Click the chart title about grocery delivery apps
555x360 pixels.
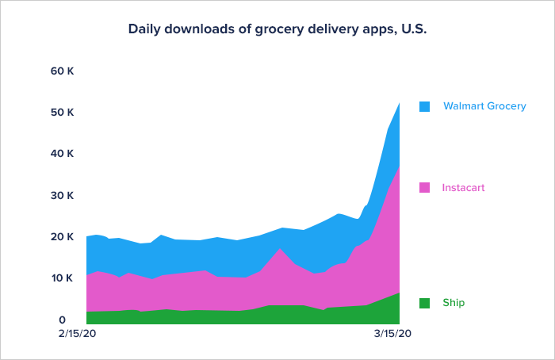[277, 29]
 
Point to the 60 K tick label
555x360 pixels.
[62, 71]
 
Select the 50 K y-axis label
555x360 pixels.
[62, 113]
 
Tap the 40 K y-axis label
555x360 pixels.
[62, 153]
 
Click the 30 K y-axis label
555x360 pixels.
[62, 195]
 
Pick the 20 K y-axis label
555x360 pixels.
[62, 236]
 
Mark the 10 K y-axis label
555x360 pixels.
[62, 278]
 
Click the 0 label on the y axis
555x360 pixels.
[71, 320]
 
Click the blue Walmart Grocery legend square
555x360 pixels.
[425, 106]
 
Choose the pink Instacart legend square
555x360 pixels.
[425, 188]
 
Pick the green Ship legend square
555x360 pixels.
[425, 303]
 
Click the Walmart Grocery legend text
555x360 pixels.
[484, 105]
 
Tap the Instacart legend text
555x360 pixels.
[463, 188]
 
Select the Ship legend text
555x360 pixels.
[454, 303]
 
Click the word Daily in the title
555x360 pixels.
[144, 29]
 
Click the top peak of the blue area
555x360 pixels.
[399, 102]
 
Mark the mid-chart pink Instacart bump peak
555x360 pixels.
[281, 249]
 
